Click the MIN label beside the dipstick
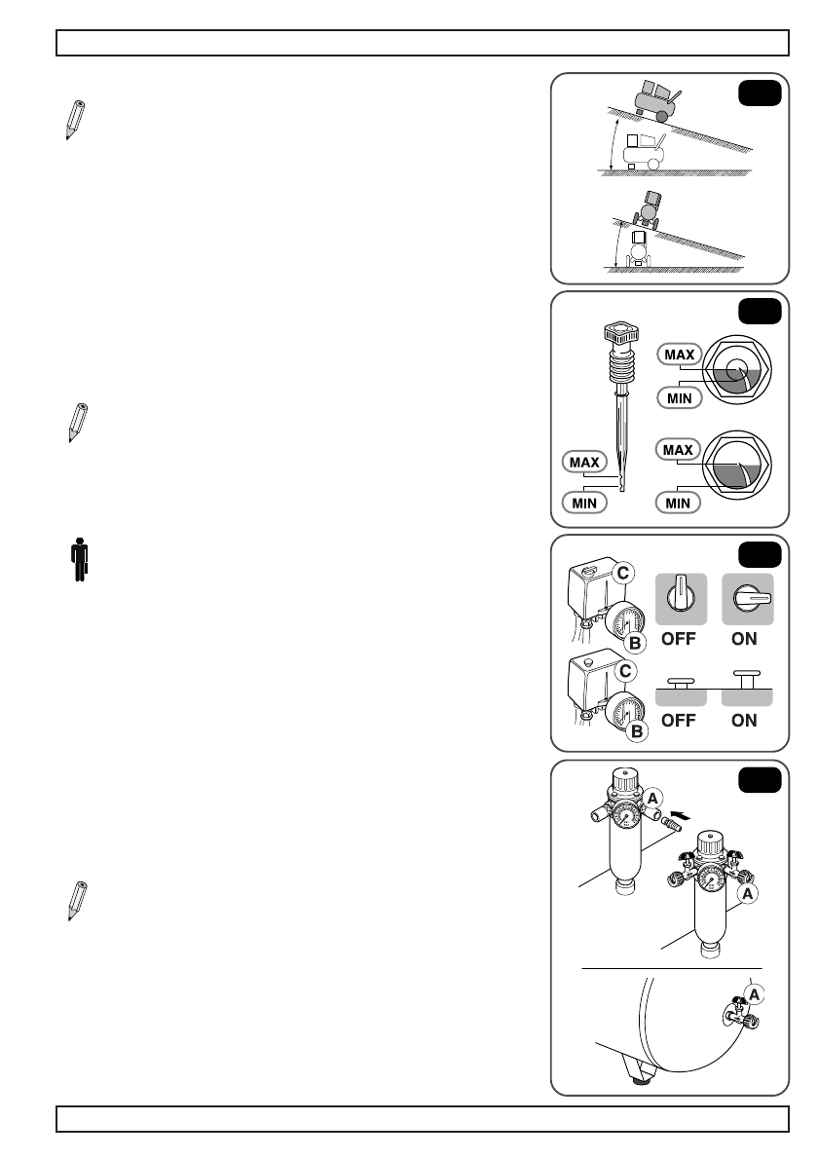(x=582, y=503)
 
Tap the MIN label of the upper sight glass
(x=679, y=396)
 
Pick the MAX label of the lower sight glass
(x=679, y=450)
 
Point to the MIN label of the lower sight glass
(x=679, y=503)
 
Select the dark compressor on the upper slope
(x=651, y=100)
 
